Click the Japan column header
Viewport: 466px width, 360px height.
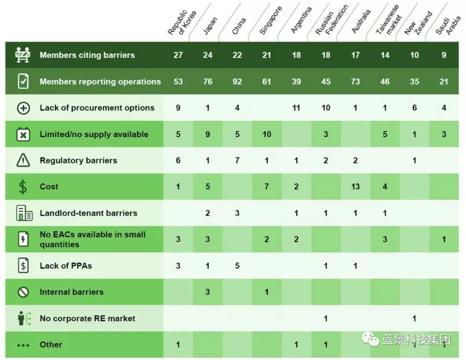210,26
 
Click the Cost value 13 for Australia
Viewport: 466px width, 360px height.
355,186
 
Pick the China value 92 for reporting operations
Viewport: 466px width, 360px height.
237,81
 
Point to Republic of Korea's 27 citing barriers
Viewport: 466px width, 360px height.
178,55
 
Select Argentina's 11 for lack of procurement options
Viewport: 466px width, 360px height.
296,108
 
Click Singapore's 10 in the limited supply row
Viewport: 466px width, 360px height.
266,134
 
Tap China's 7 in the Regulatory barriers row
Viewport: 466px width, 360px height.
237,161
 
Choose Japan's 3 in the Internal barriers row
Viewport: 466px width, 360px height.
208,292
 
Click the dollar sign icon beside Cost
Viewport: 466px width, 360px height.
23,187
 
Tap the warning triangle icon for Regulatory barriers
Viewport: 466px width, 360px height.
23,161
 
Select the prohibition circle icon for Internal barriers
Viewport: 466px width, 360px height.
23,292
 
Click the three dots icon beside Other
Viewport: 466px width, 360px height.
23,345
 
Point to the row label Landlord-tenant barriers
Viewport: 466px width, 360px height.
88,213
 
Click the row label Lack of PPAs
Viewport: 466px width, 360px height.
66,266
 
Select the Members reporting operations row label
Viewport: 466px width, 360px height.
100,81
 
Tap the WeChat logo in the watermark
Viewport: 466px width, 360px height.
370,340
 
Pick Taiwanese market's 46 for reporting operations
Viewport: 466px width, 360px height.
385,81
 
